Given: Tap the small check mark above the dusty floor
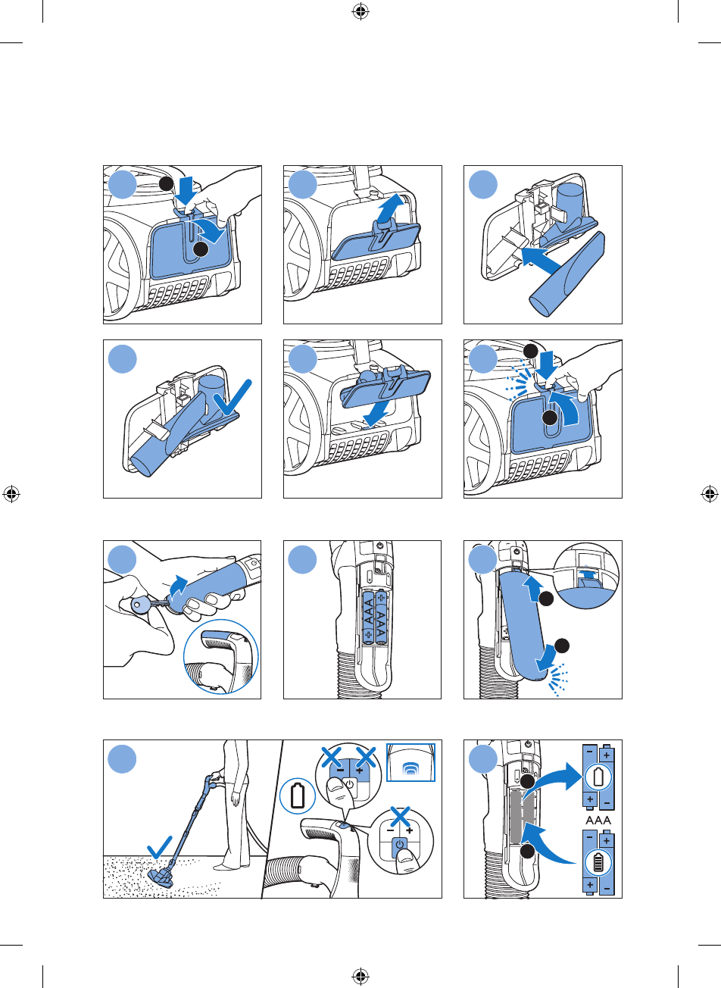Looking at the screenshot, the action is (159, 847).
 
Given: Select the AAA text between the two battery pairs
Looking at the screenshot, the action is (598, 821).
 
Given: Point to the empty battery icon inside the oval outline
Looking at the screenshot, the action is (298, 796).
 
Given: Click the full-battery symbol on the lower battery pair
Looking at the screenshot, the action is (598, 862).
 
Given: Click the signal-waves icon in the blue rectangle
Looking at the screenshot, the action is (410, 769).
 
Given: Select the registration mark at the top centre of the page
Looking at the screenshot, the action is (360, 12).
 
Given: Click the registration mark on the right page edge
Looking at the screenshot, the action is (709, 494).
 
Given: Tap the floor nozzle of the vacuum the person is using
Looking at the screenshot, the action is (162, 877).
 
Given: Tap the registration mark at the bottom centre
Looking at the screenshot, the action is (360, 975).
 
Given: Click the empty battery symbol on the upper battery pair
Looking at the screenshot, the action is (598, 777).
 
